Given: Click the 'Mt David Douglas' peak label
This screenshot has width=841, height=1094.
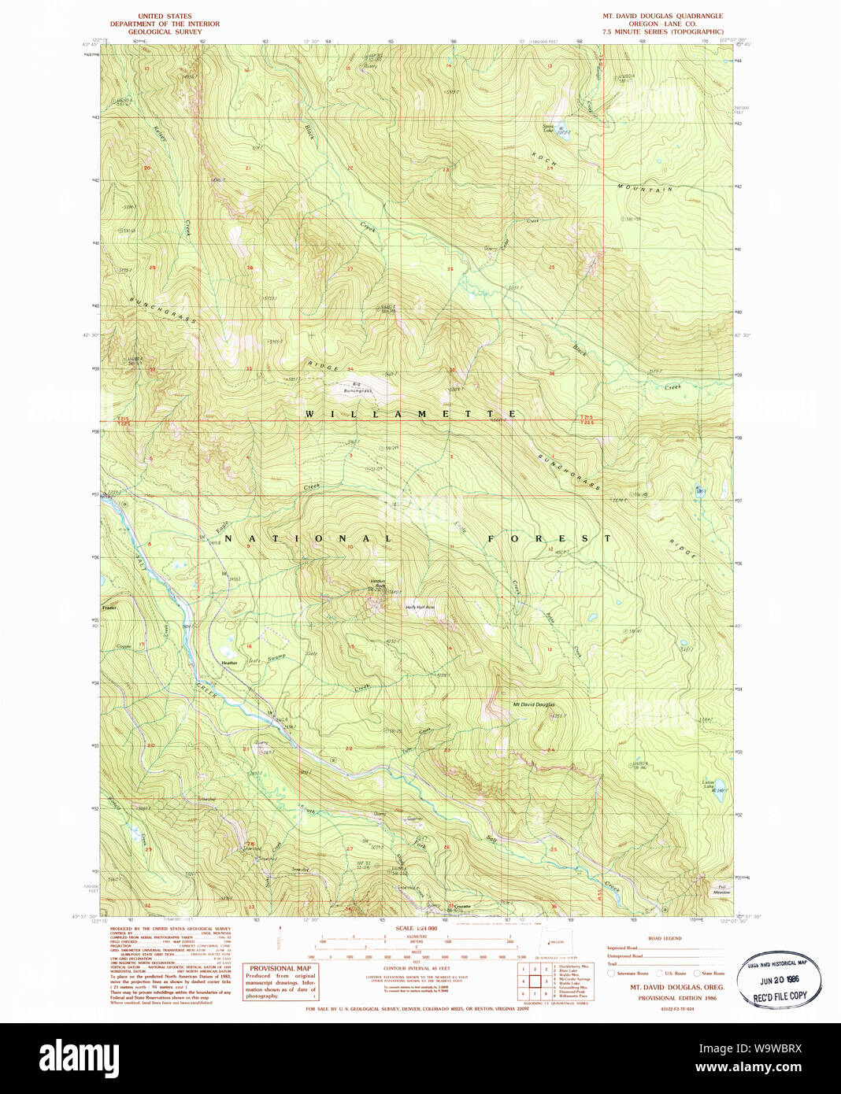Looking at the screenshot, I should [534, 704].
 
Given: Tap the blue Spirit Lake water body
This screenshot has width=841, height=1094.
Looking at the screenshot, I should [560, 128].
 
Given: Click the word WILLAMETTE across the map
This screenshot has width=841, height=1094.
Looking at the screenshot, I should [410, 414].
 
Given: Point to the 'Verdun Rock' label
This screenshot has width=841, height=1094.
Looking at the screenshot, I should [378, 583].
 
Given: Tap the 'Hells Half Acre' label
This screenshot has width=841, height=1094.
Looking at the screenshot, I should [420, 607].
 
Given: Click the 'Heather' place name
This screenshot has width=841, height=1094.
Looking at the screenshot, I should [229, 663].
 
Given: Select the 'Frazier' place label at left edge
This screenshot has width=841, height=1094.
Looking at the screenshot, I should [109, 608].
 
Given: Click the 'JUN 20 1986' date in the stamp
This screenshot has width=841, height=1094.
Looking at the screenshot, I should [779, 981].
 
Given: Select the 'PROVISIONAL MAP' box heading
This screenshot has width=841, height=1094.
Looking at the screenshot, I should [280, 968].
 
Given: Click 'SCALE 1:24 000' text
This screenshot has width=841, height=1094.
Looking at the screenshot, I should [416, 929].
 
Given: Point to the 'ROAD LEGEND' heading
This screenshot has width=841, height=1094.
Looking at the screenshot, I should [665, 938].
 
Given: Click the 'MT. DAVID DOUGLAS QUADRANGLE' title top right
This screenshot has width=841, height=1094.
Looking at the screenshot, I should [662, 16].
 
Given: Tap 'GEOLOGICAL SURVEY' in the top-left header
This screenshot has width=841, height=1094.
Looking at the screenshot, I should [165, 32].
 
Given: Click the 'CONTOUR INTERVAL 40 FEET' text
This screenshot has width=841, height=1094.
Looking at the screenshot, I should [417, 968].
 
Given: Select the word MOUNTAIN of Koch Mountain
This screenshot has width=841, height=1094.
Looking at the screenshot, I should [645, 188].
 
